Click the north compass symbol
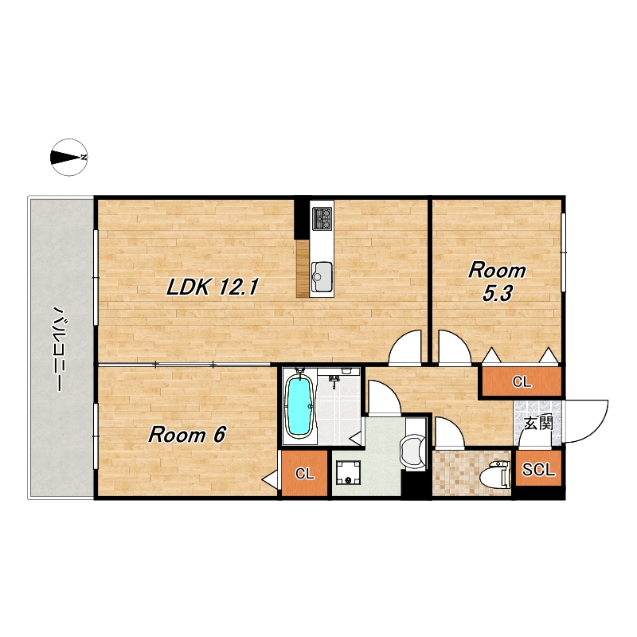(68, 157)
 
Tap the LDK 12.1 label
(212, 287)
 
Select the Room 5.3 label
(497, 282)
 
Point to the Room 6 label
(186, 435)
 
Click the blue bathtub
(300, 407)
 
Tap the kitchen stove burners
(322, 217)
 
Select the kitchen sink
(322, 276)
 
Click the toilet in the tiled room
(494, 474)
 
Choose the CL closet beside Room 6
(305, 473)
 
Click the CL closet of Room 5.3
(522, 381)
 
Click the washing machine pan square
(349, 472)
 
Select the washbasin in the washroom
(412, 451)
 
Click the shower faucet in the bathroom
(334, 381)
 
